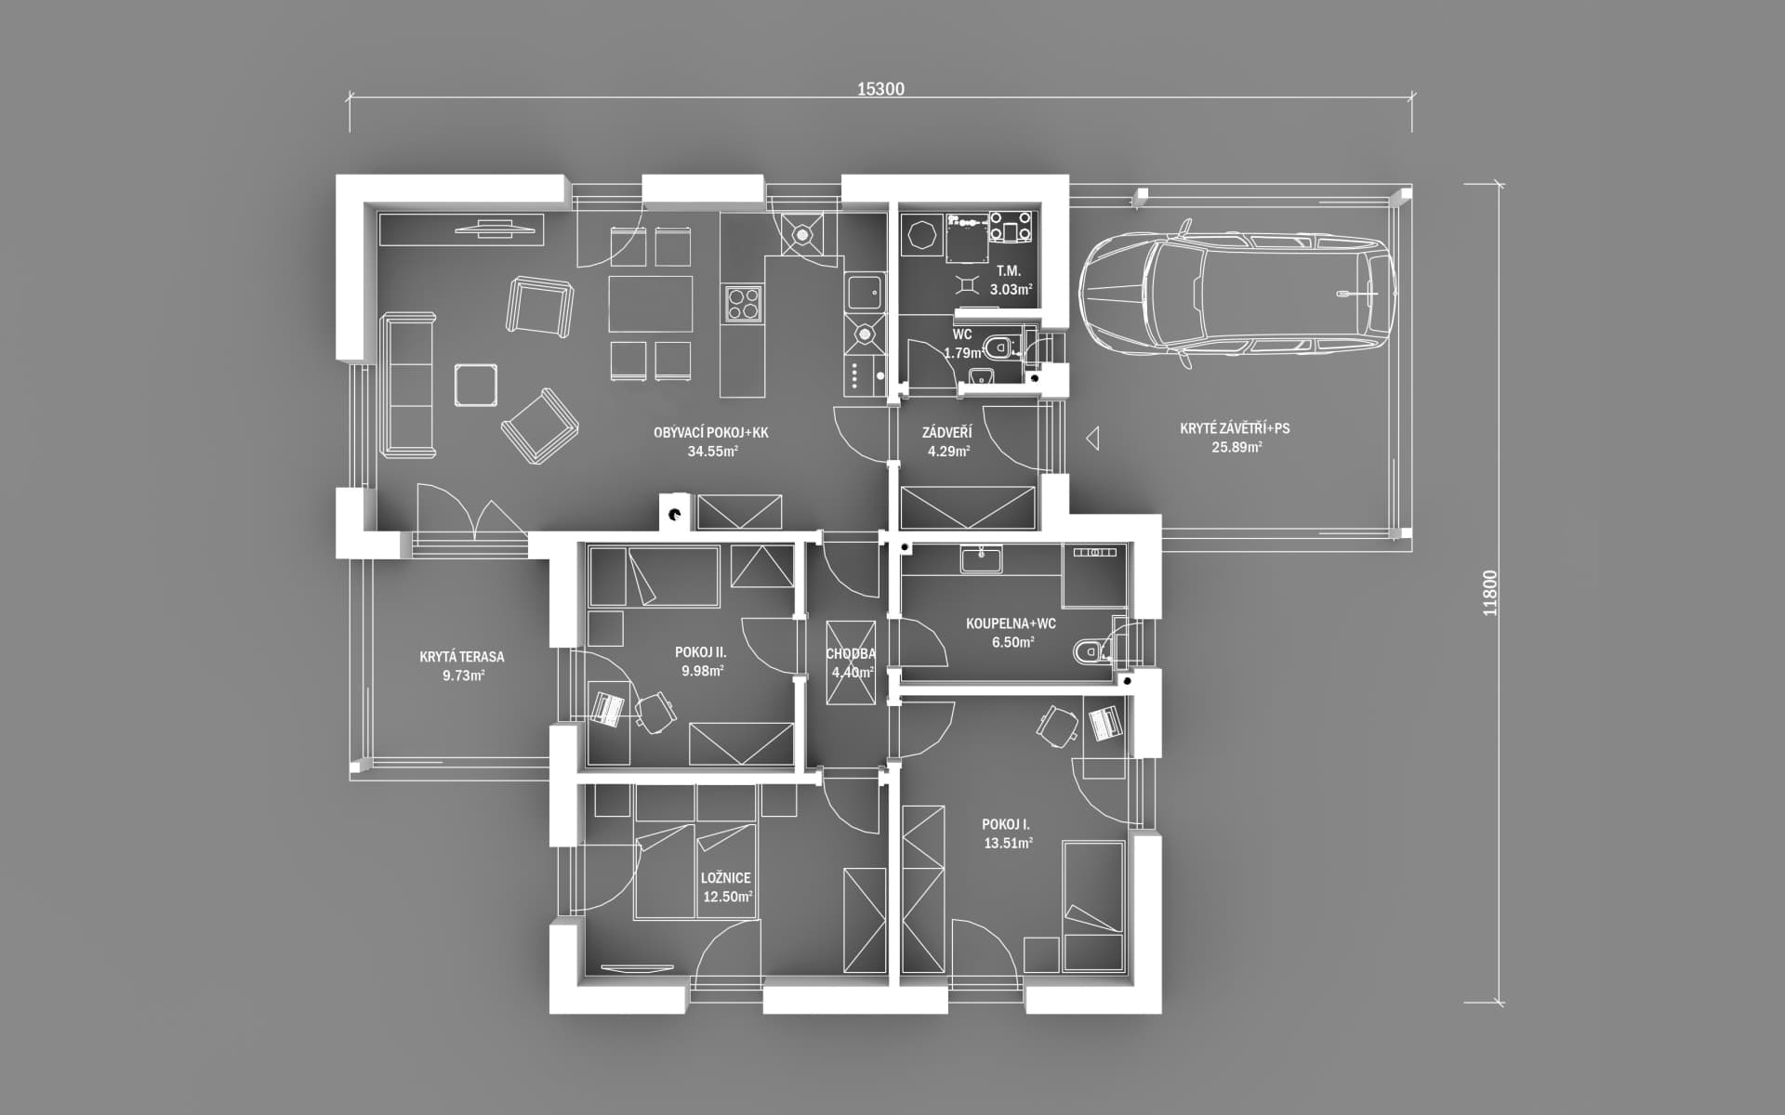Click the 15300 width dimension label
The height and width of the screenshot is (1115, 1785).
[x=880, y=89]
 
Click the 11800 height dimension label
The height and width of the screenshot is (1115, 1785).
[x=1490, y=593]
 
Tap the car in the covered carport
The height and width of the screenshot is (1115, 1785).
[x=1237, y=291]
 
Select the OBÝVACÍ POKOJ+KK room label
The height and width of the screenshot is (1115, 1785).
[x=711, y=433]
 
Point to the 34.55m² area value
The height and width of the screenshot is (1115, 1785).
[x=712, y=452]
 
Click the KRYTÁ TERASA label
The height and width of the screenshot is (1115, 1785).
[x=462, y=657]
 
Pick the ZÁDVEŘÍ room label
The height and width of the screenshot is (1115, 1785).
[x=947, y=433]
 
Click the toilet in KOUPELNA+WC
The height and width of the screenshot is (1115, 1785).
[x=1091, y=651]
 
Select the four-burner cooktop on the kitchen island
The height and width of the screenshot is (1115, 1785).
[x=744, y=303]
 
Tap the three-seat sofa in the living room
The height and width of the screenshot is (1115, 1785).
[x=407, y=385]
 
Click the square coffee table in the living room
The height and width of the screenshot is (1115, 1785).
[x=475, y=385]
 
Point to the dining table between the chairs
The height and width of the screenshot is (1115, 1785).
[x=651, y=304]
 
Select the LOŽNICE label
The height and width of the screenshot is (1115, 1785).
[x=726, y=878]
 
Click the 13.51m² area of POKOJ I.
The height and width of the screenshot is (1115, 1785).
[x=1009, y=844]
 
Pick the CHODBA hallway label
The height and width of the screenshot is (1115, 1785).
[x=851, y=654]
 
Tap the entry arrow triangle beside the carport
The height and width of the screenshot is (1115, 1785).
[x=1093, y=438]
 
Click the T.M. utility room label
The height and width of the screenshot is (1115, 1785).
[x=1009, y=271]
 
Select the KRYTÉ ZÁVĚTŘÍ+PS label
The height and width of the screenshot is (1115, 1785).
[x=1235, y=428]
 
